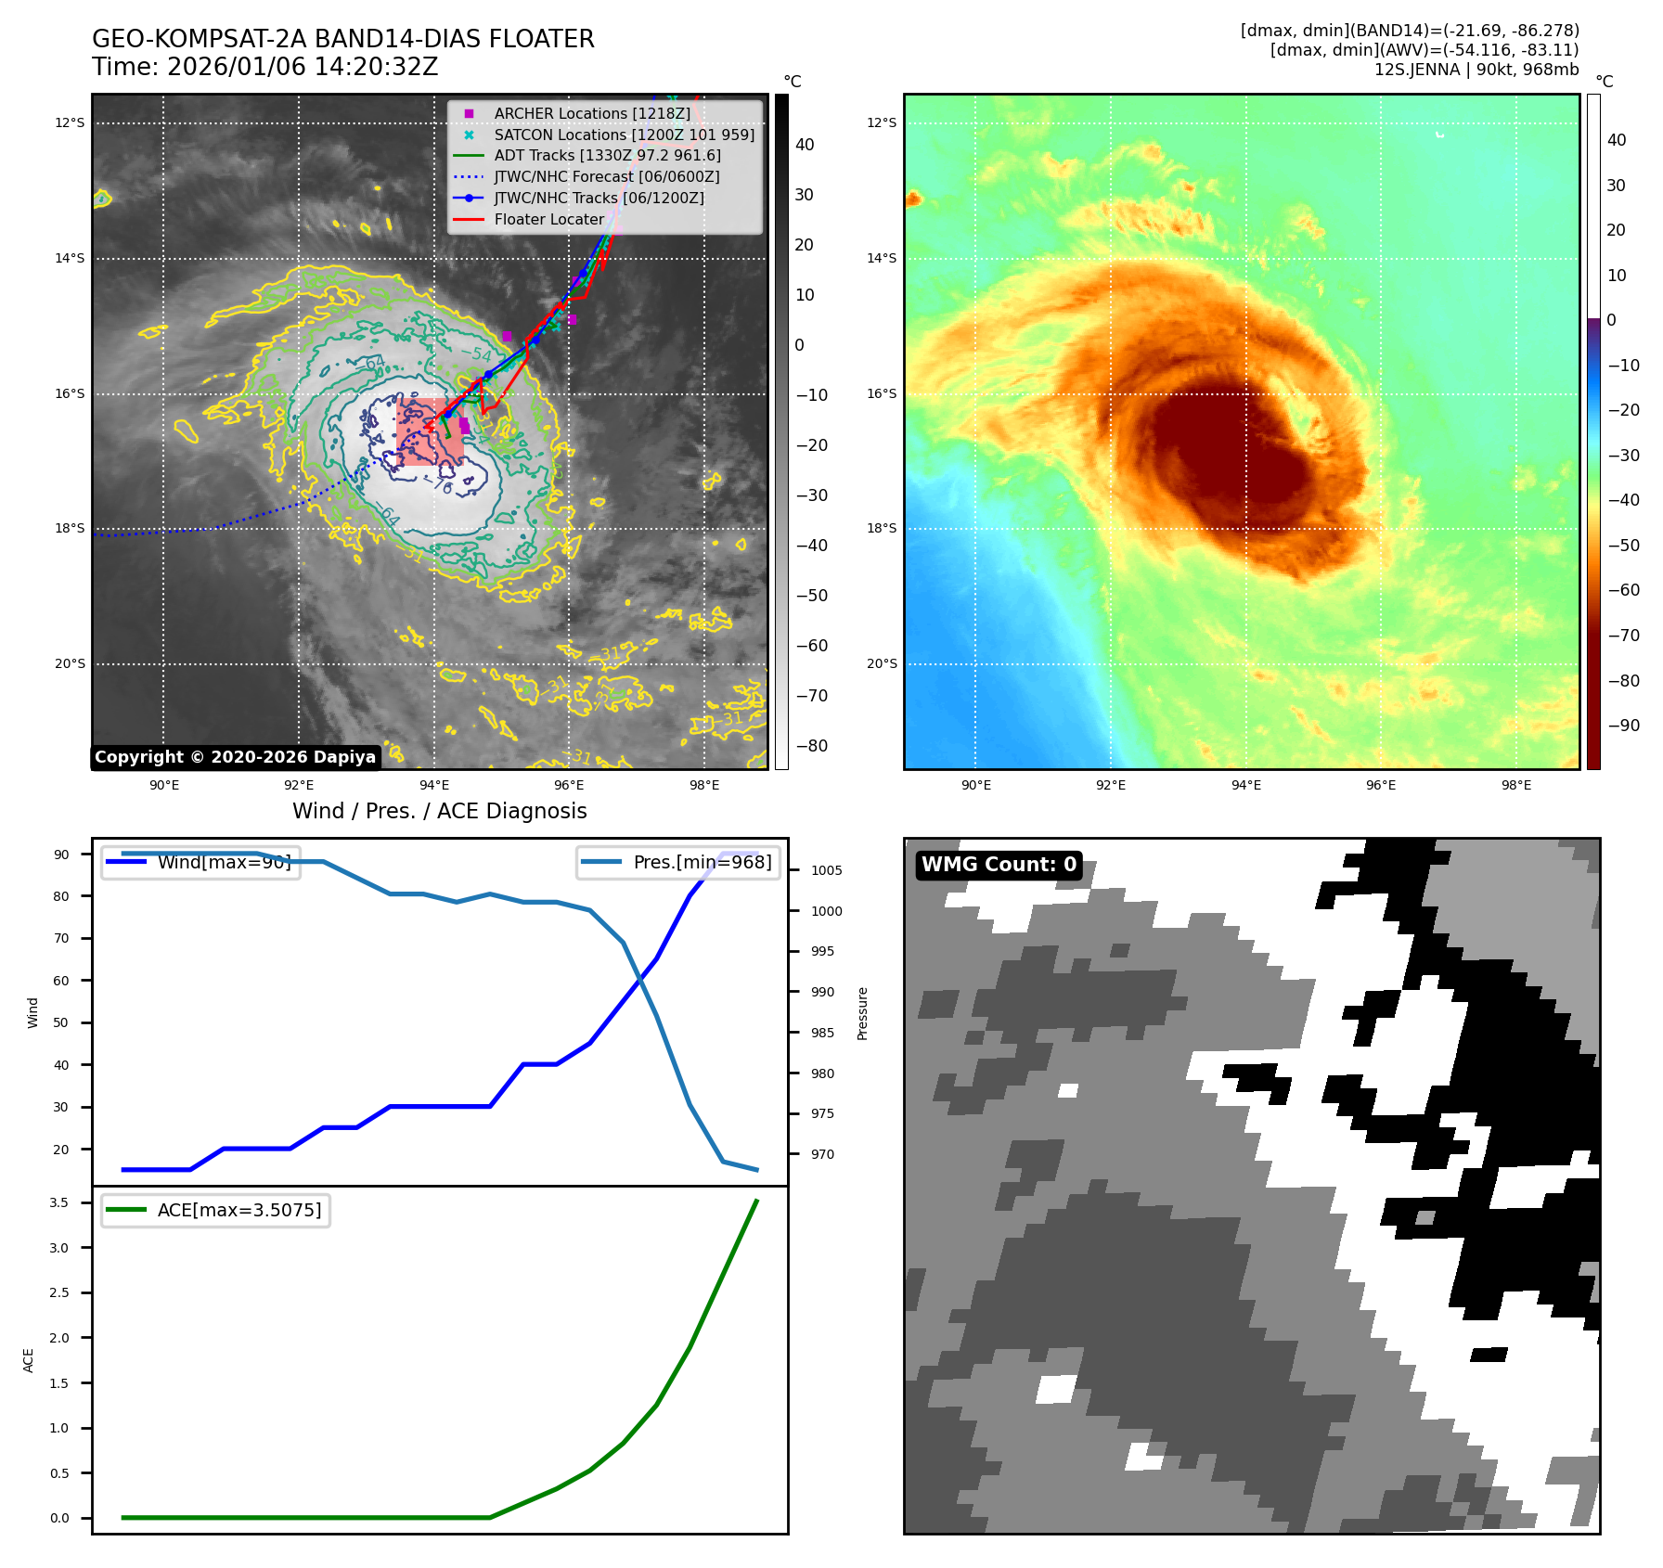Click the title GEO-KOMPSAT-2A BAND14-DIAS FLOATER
[x=342, y=39]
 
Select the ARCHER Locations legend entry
[x=591, y=113]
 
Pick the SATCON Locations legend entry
[x=624, y=135]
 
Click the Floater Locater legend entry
[x=548, y=219]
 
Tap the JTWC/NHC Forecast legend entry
[x=606, y=176]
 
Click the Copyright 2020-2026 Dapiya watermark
[x=235, y=757]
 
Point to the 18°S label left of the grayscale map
[x=70, y=528]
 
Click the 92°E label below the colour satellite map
[x=1111, y=785]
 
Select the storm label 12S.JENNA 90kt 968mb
[x=1476, y=70]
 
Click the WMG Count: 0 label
[x=999, y=865]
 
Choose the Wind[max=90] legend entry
[x=224, y=862]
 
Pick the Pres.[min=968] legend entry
[x=702, y=862]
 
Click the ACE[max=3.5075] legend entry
[x=238, y=1210]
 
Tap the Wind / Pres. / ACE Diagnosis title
[x=439, y=811]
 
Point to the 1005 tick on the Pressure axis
[x=826, y=870]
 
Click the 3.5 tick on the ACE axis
[x=59, y=1202]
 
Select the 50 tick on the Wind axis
[x=61, y=1022]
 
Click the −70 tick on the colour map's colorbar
[x=1623, y=636]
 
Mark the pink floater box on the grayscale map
[x=430, y=431]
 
